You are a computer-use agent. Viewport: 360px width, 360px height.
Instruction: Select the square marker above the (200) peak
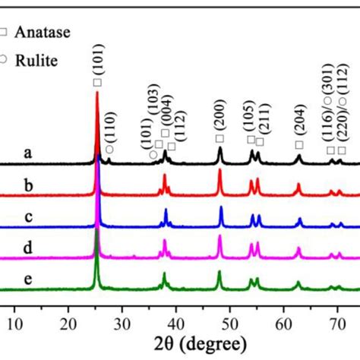[x=219, y=138]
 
